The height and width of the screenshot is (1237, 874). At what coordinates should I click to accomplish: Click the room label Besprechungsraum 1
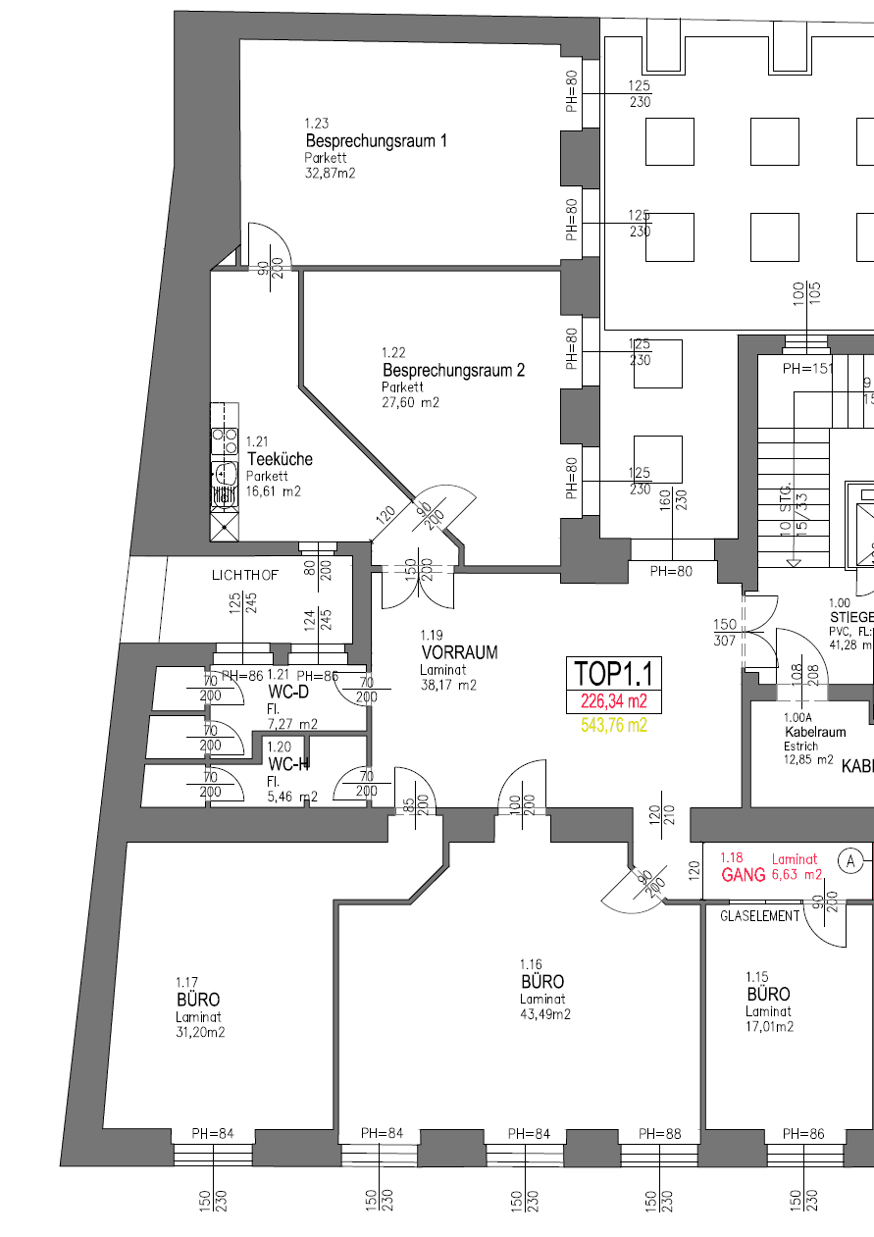pyautogui.click(x=376, y=141)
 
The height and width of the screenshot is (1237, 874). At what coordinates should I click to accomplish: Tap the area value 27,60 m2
pyautogui.click(x=410, y=402)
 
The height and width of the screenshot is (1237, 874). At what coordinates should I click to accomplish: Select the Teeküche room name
pyautogui.click(x=280, y=459)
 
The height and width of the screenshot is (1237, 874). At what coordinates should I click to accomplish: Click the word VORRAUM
pyautogui.click(x=459, y=652)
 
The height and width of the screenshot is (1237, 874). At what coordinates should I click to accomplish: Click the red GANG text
pyautogui.click(x=742, y=875)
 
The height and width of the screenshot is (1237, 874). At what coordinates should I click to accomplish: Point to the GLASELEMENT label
pyautogui.click(x=760, y=915)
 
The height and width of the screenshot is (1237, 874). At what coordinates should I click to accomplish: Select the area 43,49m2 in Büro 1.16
pyautogui.click(x=545, y=1015)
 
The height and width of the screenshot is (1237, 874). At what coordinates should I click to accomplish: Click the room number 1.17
pyautogui.click(x=186, y=982)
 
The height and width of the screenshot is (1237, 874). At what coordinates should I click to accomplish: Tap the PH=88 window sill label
pyautogui.click(x=659, y=1134)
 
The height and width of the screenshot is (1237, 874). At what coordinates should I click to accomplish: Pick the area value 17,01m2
pyautogui.click(x=769, y=1027)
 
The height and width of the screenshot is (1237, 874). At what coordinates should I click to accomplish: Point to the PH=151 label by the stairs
pyautogui.click(x=806, y=370)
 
